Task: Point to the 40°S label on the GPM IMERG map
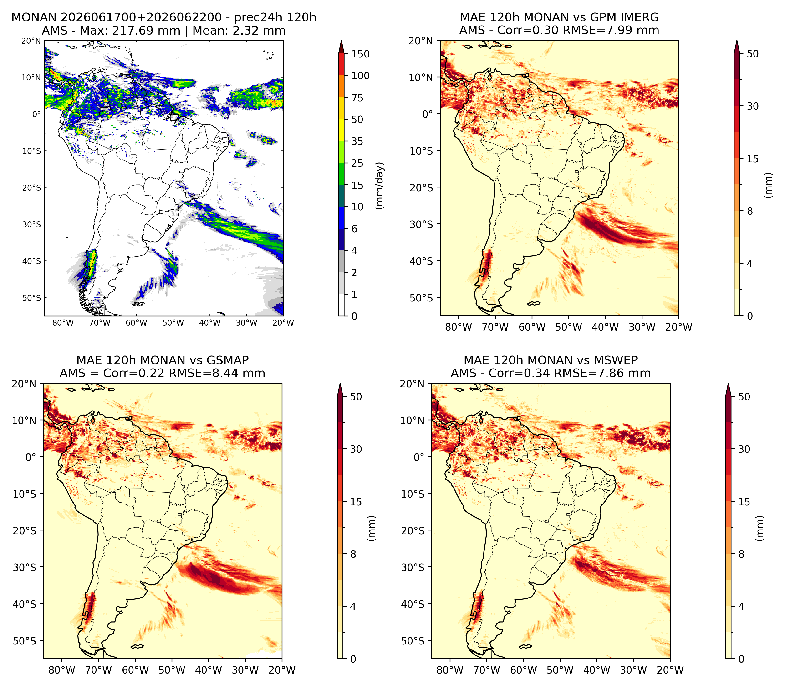click(421, 261)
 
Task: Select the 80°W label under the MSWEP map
click(450, 670)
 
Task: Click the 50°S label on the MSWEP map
click(413, 641)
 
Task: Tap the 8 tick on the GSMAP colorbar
click(353, 554)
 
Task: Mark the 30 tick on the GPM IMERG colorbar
click(753, 106)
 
